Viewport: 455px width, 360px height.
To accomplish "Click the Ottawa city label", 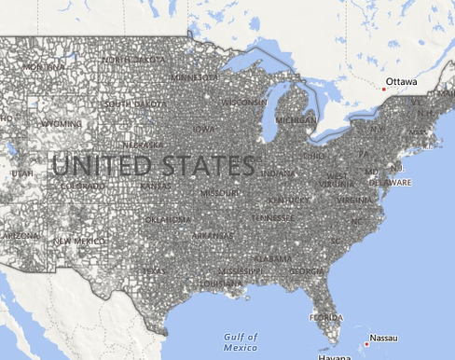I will tap(402, 82).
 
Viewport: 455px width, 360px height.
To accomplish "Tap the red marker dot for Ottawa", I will tap(383, 89).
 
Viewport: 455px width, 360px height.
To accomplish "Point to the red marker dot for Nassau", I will tap(366, 344).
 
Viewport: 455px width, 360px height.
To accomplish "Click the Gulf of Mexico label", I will tap(241, 341).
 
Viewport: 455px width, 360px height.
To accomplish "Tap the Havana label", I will tap(335, 357).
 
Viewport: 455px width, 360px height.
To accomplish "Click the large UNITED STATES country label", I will tap(153, 166).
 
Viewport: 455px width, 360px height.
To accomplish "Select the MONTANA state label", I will tap(44, 67).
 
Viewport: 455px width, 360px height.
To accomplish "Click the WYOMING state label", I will tap(62, 123).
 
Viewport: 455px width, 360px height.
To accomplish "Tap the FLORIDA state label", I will tap(326, 317).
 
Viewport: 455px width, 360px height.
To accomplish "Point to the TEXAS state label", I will tap(154, 271).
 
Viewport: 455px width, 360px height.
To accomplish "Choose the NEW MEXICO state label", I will tap(75, 241).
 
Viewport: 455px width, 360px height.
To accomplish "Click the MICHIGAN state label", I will tap(296, 120).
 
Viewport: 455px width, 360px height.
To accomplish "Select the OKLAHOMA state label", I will tap(168, 220).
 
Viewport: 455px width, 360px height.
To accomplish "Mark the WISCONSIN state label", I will tap(244, 102).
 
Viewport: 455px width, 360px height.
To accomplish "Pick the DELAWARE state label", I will tap(390, 183).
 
